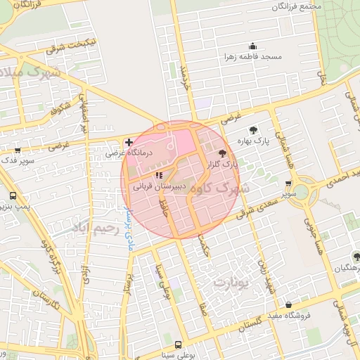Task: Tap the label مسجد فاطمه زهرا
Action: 253,56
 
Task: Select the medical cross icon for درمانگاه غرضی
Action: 129,142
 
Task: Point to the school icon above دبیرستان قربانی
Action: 158,175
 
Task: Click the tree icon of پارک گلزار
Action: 223,153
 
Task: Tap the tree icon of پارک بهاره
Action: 252,129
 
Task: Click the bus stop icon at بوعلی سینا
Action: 178,345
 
